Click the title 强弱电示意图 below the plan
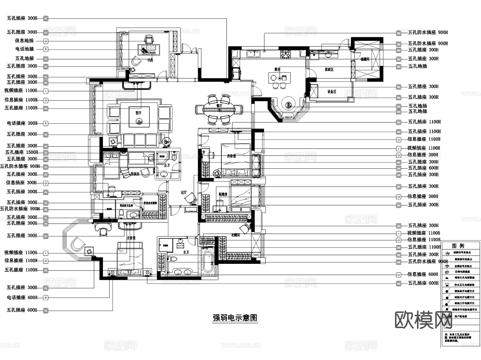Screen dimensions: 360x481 tap(235, 318)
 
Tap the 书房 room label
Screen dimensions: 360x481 tap(150, 60)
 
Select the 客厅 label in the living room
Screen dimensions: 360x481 tap(138, 113)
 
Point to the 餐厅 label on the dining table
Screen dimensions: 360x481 tap(219, 106)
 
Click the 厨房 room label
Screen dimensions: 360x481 tap(277, 69)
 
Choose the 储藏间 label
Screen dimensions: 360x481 tap(365, 59)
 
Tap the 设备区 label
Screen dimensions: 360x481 tap(332, 91)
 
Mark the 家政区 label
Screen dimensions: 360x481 tap(329, 69)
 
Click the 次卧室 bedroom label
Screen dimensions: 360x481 tap(231, 156)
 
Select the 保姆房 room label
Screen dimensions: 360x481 tap(223, 194)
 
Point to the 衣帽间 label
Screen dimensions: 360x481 tap(235, 235)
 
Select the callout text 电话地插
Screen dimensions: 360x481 tap(25, 49)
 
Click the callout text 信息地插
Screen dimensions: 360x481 tap(24, 41)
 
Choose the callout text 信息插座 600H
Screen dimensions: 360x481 tap(422, 274)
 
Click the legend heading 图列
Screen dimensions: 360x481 tap(458, 246)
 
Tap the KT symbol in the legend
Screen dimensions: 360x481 tap(447, 272)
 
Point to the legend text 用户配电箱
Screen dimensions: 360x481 tap(461, 316)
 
